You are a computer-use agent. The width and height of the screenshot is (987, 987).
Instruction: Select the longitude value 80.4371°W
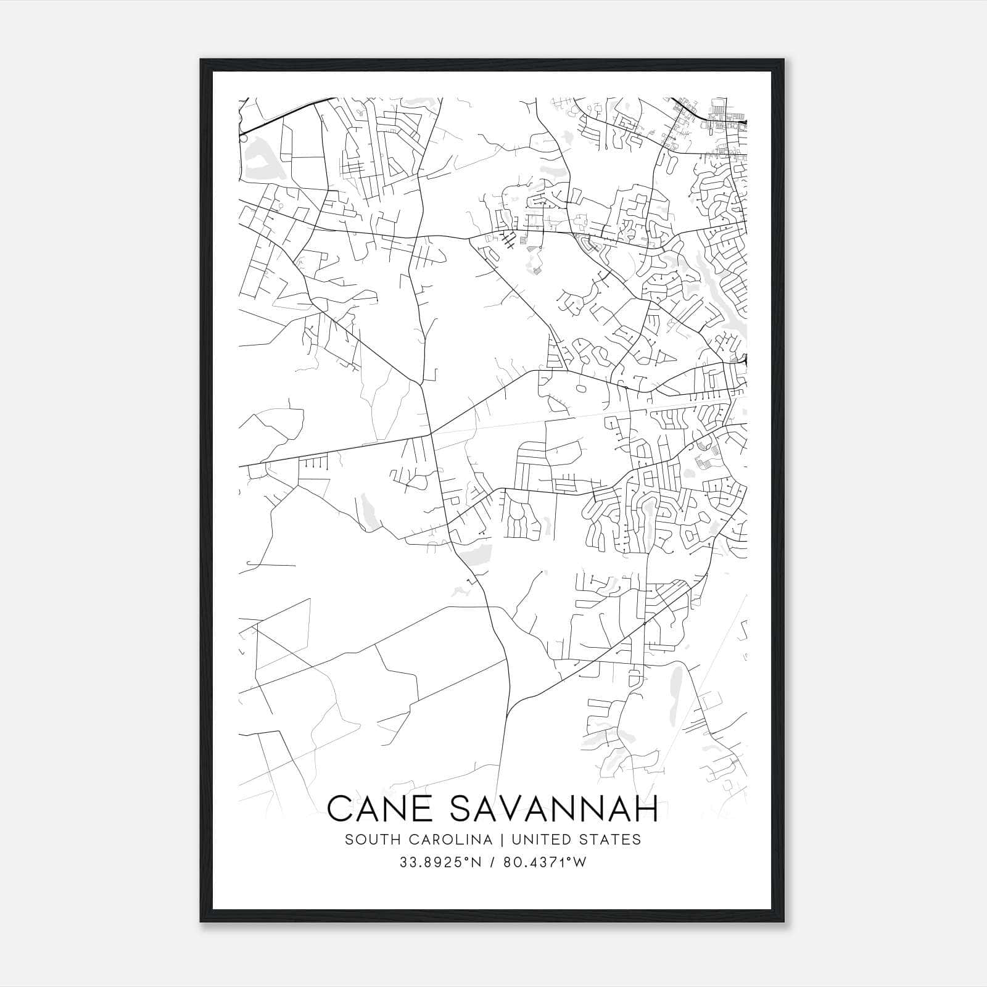[x=545, y=862]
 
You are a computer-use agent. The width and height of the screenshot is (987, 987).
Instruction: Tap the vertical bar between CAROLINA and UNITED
[x=498, y=840]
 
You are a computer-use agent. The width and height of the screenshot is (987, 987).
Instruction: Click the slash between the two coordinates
[x=492, y=862]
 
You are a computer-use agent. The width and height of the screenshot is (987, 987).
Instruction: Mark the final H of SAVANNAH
[x=647, y=809]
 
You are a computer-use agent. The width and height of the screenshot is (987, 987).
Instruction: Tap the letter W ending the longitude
[x=580, y=862]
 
